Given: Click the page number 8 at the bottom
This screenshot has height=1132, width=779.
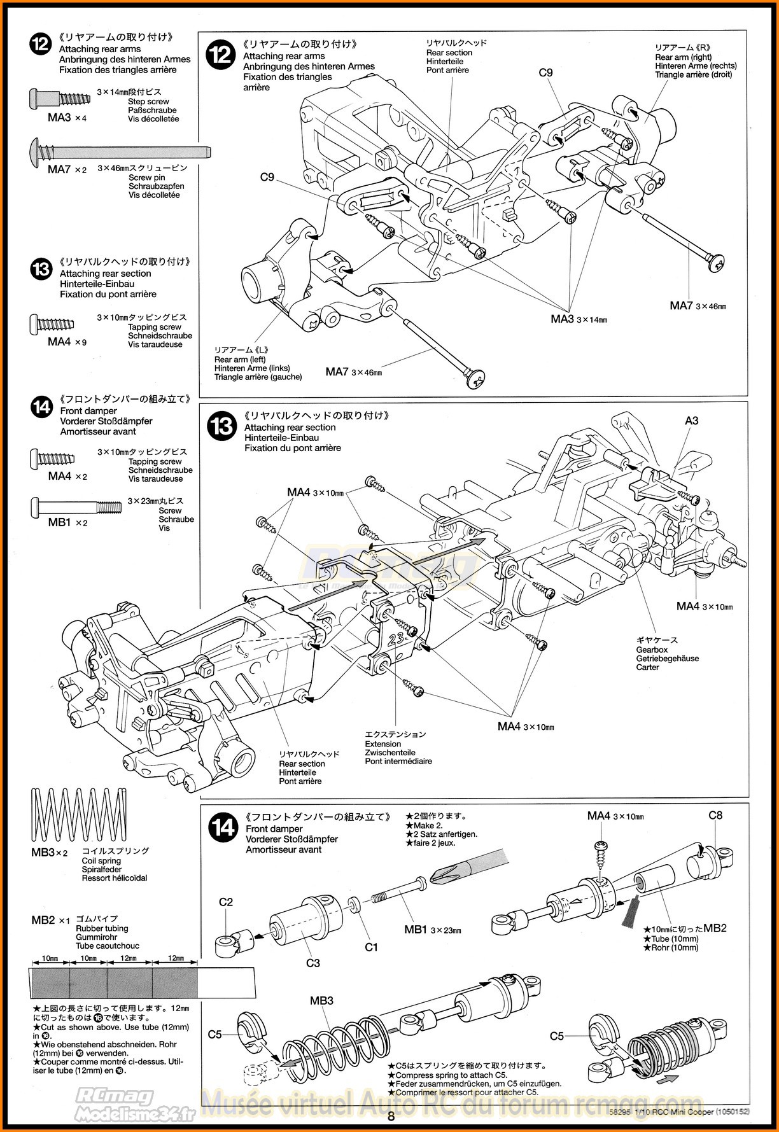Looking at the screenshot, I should tap(391, 1116).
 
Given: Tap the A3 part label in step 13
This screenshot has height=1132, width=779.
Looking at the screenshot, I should tap(691, 421).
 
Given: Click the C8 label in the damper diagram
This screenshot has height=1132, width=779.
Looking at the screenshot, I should tap(715, 815).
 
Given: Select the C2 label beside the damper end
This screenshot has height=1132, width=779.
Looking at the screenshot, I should tap(226, 902).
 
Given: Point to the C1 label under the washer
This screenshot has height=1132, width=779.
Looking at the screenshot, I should tap(371, 947).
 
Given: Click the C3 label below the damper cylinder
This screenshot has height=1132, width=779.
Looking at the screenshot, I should tap(312, 963).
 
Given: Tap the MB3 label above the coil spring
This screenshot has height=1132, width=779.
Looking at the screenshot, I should tap(321, 1001).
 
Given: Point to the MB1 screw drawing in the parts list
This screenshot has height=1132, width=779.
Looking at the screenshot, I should tap(75, 507).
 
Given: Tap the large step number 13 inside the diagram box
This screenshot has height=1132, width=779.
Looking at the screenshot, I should tap(222, 426).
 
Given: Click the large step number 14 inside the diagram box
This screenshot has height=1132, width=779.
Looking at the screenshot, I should tap(223, 827).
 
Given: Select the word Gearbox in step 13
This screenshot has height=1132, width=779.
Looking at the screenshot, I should tap(652, 650).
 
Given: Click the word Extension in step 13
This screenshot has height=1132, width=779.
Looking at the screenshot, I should tap(382, 744).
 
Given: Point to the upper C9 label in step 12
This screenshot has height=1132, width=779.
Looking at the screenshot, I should tap(545, 73).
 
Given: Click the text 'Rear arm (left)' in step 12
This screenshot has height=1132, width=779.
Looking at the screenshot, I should tap(240, 360).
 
